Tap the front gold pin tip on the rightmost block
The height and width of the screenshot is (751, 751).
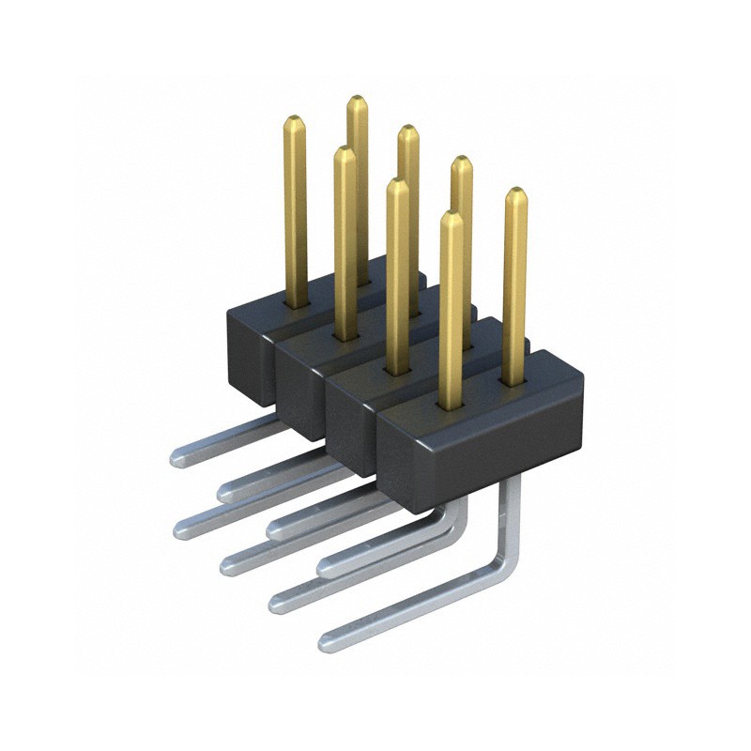tap(452, 217)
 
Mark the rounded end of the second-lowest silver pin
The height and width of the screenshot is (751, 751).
tap(279, 602)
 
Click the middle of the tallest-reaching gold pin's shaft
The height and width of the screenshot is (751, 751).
tap(357, 178)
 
